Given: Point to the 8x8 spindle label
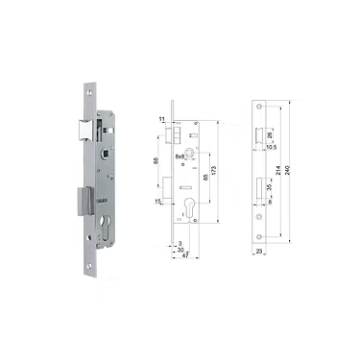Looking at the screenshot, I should click(180, 154).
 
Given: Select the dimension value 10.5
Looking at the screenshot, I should click(271, 148).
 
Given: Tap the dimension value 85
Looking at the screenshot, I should click(204, 179).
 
